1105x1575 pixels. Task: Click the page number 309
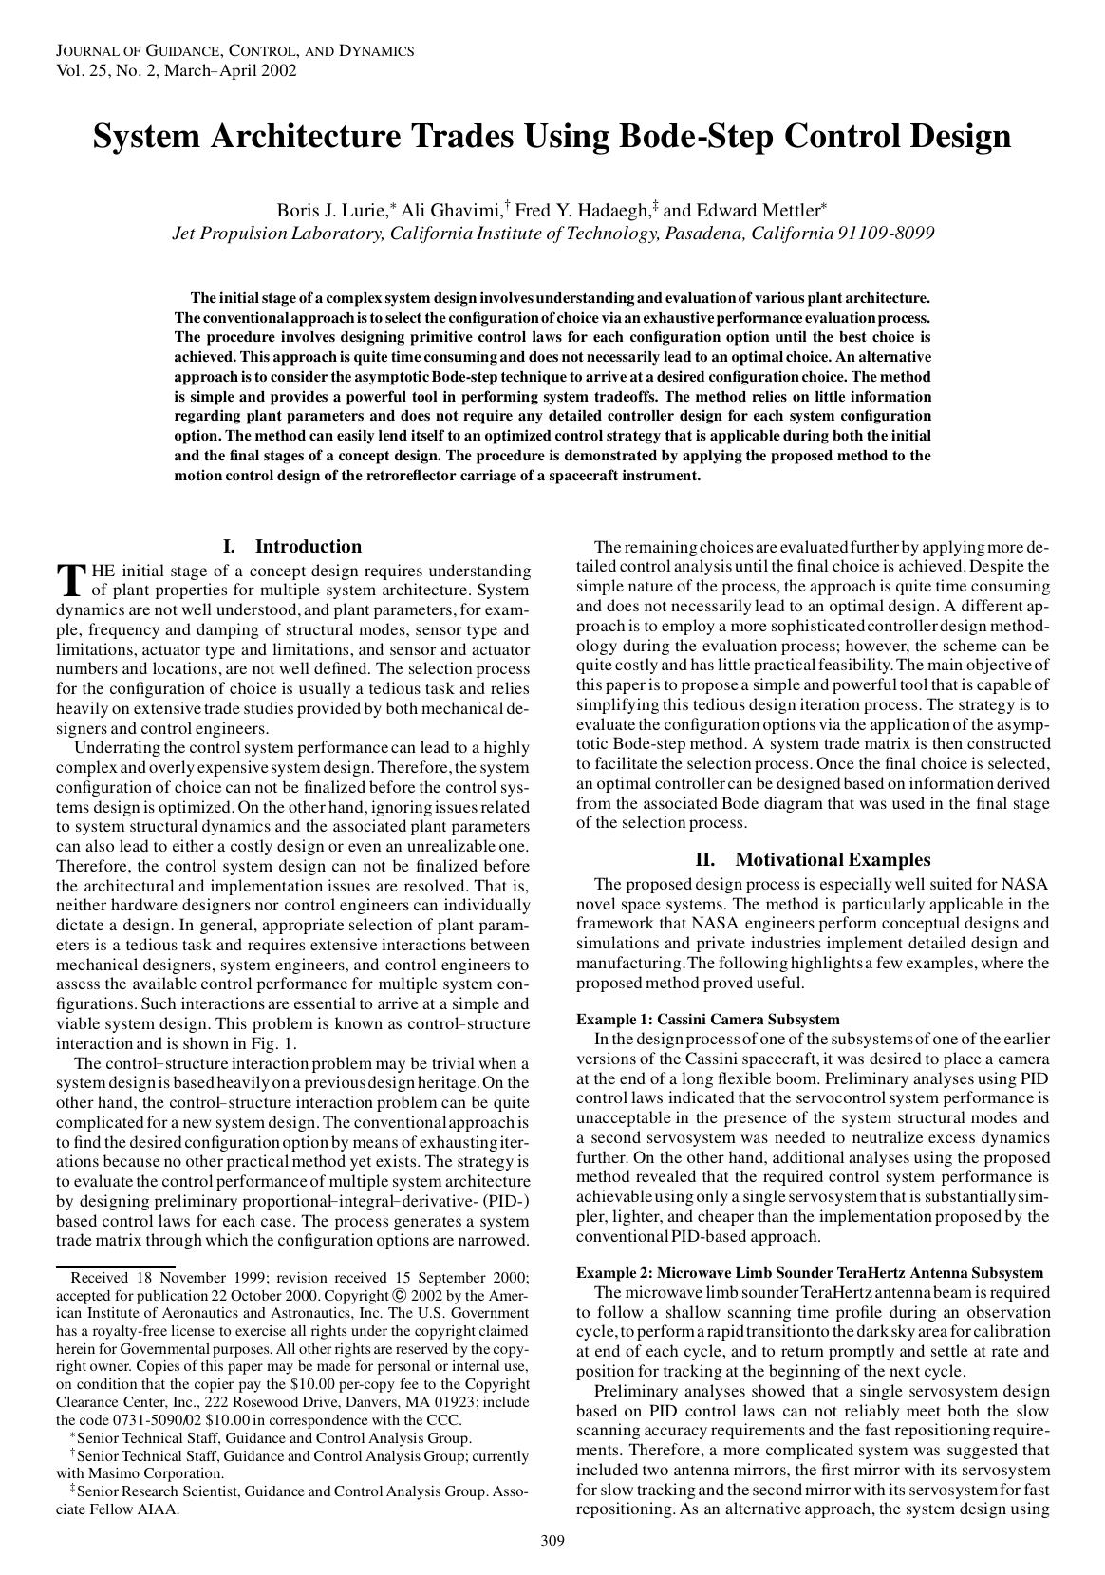552,1540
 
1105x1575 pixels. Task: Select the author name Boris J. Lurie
331,210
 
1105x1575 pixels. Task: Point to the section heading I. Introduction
292,546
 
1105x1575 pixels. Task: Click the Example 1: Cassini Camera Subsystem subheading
707,1019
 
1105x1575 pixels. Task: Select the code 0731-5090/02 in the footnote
143,1419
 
